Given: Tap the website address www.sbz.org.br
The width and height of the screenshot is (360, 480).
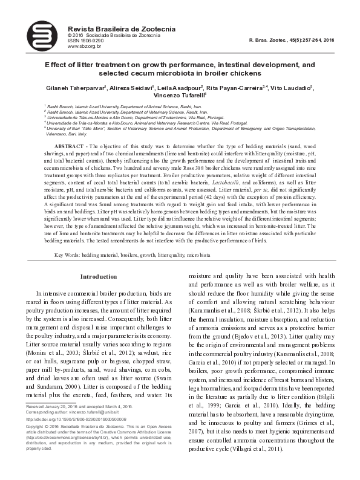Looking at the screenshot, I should [84, 46].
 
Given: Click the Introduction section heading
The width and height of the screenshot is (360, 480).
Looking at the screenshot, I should [99, 277].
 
